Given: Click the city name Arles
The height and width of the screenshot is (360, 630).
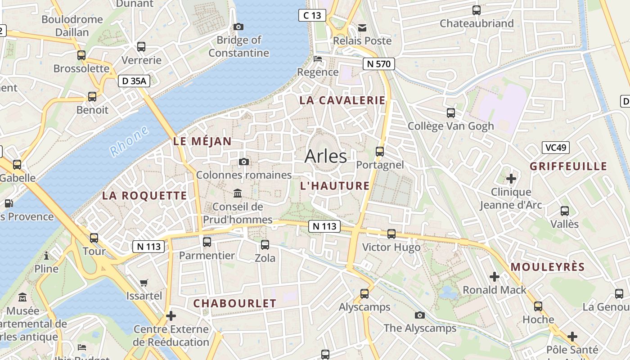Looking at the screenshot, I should click(x=326, y=156).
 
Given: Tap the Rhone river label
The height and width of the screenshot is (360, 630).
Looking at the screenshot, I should click(x=130, y=141).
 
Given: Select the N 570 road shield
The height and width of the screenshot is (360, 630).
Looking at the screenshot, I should click(x=378, y=64).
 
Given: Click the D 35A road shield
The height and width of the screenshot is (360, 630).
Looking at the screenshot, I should click(x=134, y=81).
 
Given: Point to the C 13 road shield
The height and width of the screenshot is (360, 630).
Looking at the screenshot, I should click(x=312, y=15).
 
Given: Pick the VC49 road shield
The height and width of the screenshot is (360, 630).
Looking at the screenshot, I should click(x=556, y=148).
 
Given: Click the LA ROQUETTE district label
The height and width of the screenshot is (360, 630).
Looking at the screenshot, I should click(x=144, y=195).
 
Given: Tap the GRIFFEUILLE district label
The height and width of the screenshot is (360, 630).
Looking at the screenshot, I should click(x=568, y=166).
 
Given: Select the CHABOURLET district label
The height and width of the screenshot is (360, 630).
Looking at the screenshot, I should click(x=234, y=303).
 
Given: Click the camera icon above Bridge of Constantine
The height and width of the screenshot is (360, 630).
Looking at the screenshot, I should click(x=238, y=27).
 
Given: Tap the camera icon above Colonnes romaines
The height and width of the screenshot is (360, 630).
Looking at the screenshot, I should click(x=243, y=162).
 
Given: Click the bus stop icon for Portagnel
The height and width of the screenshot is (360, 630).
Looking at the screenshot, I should click(x=380, y=152).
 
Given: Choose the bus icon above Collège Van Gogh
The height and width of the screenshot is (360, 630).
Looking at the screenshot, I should click(x=450, y=113).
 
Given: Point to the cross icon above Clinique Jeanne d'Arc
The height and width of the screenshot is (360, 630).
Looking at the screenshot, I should click(x=511, y=179).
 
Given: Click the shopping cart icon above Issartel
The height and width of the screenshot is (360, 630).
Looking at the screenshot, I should click(x=144, y=283).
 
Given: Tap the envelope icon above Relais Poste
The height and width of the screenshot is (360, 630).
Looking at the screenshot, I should click(x=362, y=28).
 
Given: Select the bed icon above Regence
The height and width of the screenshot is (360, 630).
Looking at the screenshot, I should click(x=318, y=59).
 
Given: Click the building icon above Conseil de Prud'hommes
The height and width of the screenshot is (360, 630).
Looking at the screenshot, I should click(x=237, y=193).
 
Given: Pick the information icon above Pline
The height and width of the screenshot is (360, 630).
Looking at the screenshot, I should click(x=46, y=256).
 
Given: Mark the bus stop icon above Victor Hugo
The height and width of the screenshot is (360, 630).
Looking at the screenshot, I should click(x=391, y=234).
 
